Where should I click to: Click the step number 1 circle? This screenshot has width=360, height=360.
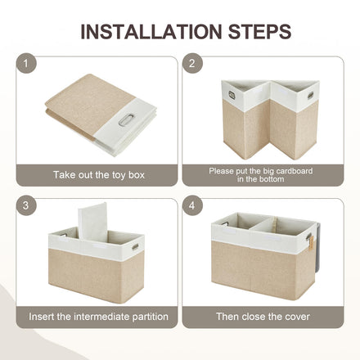tap(26, 63)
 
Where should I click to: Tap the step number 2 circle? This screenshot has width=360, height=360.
tap(192, 63)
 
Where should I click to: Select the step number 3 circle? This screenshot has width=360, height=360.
tap(26, 205)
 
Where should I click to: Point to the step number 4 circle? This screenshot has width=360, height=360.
tap(192, 205)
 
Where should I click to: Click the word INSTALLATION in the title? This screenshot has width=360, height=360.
tap(151, 32)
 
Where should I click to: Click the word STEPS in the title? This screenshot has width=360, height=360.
tap(259, 32)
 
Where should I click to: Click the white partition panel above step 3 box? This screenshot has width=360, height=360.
tap(92, 223)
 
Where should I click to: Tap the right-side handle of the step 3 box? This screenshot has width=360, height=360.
tap(135, 247)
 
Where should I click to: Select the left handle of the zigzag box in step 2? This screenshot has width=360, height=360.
tap(232, 95)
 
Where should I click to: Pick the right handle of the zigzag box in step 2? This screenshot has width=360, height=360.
tap(310, 95)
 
